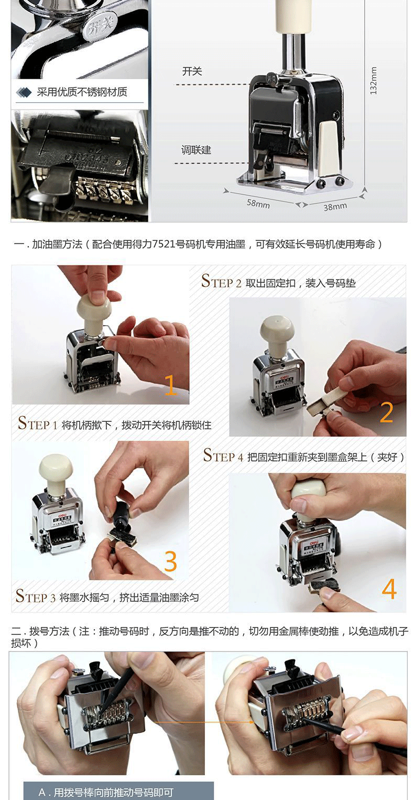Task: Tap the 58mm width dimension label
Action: [x=258, y=204]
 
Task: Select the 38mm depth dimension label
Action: [x=335, y=207]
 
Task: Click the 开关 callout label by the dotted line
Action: [x=192, y=71]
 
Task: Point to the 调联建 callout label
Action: [x=197, y=150]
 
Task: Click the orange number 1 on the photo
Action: [x=171, y=385]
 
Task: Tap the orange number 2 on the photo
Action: [x=387, y=412]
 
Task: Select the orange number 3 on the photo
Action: [x=170, y=561]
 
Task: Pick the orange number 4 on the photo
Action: [x=389, y=589]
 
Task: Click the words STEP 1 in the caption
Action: [x=38, y=423]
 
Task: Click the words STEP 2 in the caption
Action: [x=221, y=281]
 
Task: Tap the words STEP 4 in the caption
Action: [x=223, y=456]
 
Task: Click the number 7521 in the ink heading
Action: [x=164, y=244]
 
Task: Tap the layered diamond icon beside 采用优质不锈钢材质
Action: [x=24, y=92]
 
